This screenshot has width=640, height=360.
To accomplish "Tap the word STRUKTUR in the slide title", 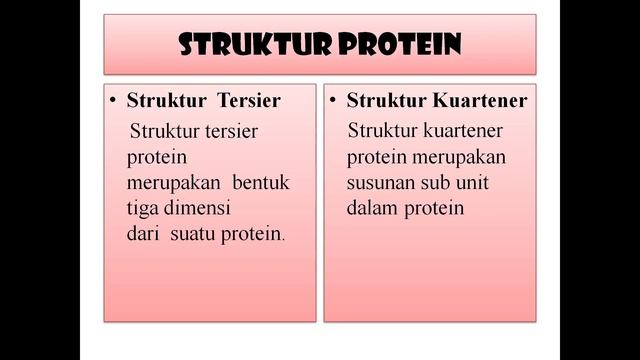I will pos(255,44).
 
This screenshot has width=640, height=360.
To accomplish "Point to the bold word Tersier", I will pos(249,101).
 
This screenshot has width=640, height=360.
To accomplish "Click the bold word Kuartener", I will pos(475,101).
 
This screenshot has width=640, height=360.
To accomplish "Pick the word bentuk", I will pos(259,184).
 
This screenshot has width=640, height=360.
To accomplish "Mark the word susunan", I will pos(380,184).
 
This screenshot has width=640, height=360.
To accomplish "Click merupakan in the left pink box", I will pos(173,184).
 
